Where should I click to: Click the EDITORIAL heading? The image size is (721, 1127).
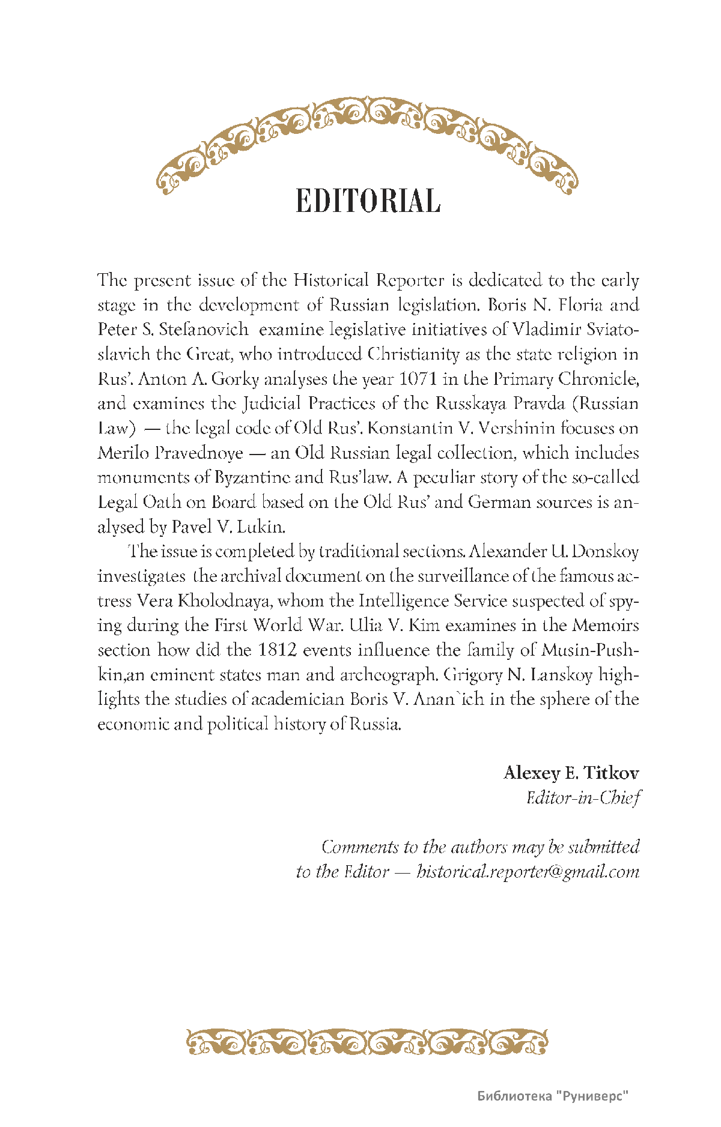tap(368, 201)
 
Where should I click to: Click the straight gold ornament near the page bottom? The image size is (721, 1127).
tap(367, 1042)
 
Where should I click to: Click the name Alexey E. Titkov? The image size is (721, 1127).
tap(571, 773)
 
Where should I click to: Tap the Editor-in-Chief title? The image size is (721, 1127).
tap(583, 797)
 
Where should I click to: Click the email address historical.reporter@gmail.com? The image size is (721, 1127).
tap(528, 871)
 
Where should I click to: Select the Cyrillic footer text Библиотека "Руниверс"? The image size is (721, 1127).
tap(553, 1096)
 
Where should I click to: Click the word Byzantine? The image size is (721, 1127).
tap(252, 478)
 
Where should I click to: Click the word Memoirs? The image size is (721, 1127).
tap(605, 626)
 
